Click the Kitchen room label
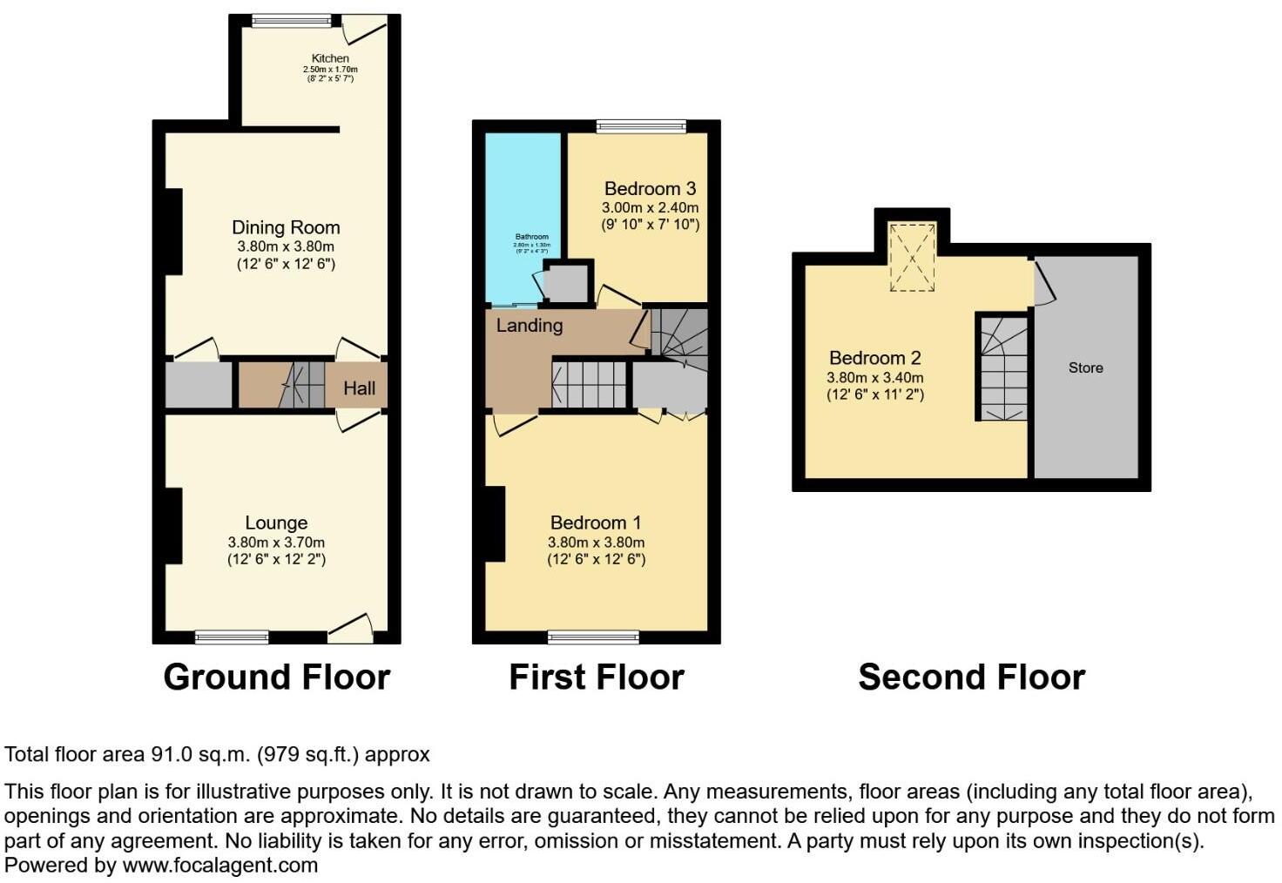point(330,58)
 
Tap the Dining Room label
point(286,227)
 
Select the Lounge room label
point(276,522)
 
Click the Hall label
point(359,388)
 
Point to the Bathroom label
point(531,237)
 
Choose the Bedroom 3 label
point(650,189)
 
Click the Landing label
point(530,326)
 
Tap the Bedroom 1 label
point(596,522)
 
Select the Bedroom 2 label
point(874,358)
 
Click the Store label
point(1085,368)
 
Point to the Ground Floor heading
point(277,677)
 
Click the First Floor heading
point(597,677)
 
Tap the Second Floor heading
point(971,677)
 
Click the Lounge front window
point(232,637)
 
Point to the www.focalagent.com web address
point(219,866)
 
